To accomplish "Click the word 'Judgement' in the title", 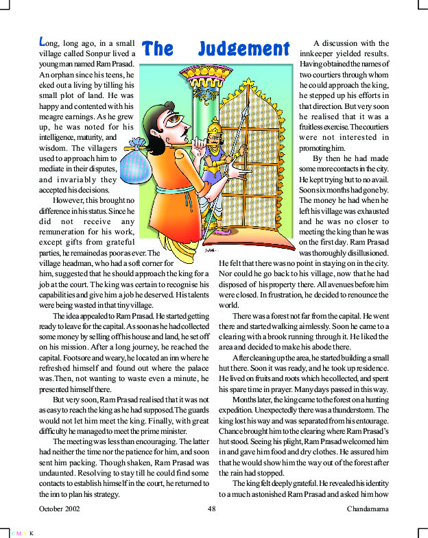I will click(243, 49).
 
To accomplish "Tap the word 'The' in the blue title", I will click(158, 49).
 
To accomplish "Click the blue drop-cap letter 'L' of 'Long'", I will click(43, 42).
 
